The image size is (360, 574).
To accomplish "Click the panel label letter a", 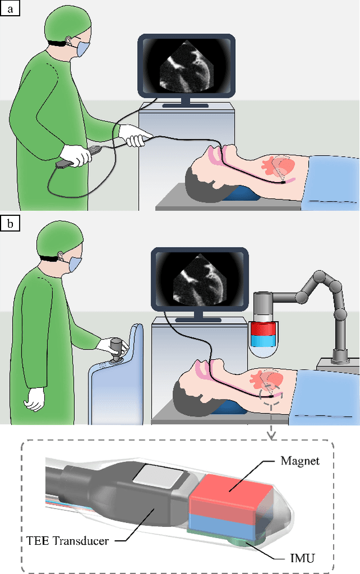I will pos(10,9).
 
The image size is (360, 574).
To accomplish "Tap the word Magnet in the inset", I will pos(299,461).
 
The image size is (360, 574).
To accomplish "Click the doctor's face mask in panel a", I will pos(82,49).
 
